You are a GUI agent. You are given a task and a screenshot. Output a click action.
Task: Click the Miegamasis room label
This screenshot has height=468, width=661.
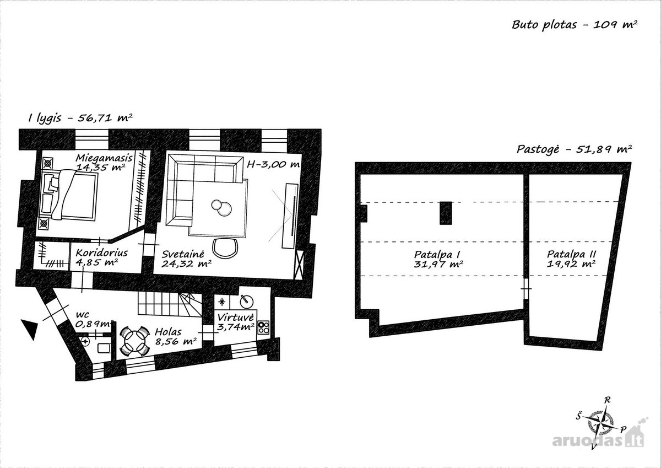(x=104, y=158)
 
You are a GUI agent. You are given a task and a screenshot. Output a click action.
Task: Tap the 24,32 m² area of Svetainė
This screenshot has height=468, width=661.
(x=187, y=263)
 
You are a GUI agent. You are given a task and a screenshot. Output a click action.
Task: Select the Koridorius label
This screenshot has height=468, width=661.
(x=101, y=253)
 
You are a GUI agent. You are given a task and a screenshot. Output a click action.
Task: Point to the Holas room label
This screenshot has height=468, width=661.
(x=168, y=332)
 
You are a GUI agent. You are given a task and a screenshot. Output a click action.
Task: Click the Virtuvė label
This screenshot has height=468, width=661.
(x=236, y=318)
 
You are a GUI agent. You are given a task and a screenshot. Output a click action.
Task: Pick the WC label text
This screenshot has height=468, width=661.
(x=82, y=315)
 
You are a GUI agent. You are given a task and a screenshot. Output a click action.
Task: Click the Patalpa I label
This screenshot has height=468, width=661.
(x=437, y=255)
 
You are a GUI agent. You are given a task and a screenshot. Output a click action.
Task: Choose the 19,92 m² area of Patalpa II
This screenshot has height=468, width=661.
(x=571, y=263)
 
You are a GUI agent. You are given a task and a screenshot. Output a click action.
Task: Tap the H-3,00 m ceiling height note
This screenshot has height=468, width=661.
(x=273, y=164)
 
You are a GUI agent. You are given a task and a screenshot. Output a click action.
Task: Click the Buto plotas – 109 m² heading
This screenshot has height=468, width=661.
(x=575, y=25)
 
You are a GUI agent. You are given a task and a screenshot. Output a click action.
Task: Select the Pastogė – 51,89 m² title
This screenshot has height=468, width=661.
(x=574, y=149)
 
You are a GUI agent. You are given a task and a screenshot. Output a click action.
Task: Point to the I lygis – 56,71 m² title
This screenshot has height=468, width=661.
(x=80, y=118)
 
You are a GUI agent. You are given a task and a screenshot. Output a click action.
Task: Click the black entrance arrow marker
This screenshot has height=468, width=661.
(x=30, y=329)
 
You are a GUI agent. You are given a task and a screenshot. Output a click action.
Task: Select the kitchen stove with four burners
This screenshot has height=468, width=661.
(x=263, y=327)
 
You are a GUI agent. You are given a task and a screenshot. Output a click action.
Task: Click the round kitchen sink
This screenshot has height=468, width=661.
(x=246, y=301)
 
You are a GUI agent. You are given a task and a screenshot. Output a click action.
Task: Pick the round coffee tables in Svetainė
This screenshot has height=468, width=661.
(x=221, y=207)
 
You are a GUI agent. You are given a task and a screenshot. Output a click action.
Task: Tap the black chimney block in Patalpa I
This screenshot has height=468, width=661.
(x=446, y=213)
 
